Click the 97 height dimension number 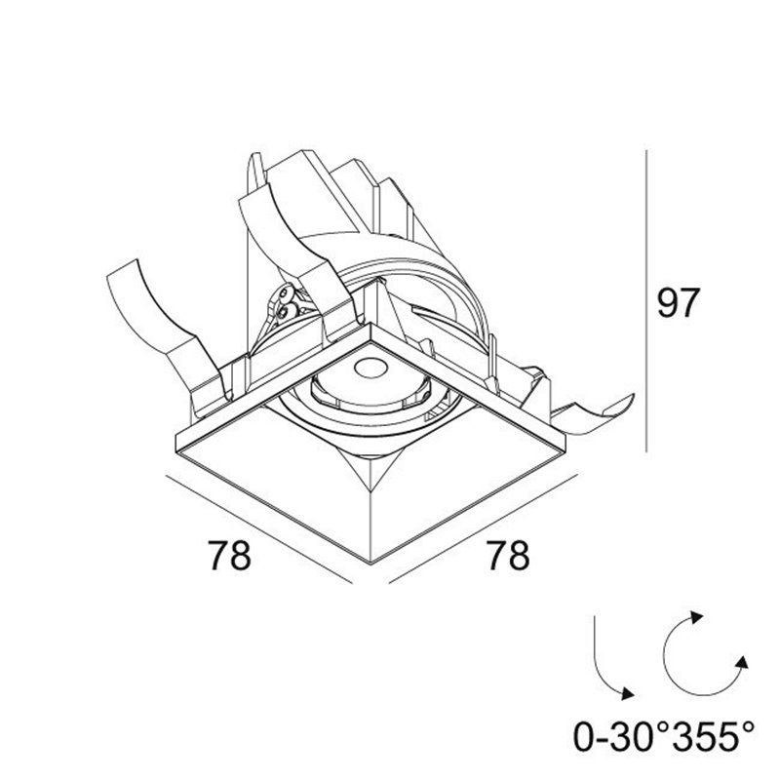point(679,302)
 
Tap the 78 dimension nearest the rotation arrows point(508,555)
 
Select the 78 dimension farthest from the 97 point(229,555)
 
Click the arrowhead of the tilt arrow point(627,693)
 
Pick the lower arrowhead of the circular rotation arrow point(742,663)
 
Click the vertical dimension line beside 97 point(645,301)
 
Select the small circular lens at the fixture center point(370,368)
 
